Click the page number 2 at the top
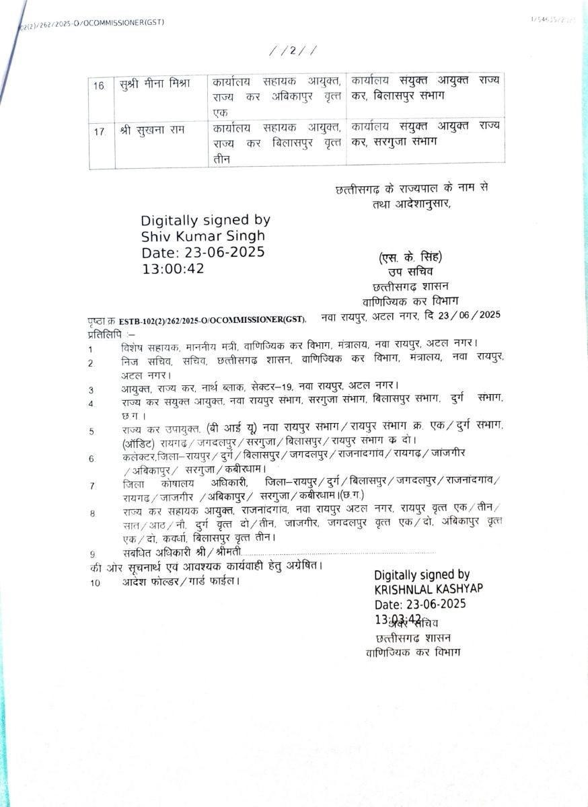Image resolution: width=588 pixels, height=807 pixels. coord(293,50)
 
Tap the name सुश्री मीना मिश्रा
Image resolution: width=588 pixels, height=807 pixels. coord(155,83)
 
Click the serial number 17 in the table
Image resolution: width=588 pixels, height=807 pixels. coord(100,132)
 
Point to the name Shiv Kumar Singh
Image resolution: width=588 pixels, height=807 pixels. coord(203,236)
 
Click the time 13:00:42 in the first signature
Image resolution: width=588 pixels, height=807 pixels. coord(173,268)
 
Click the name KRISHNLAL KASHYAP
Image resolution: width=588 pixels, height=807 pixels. coord(429,588)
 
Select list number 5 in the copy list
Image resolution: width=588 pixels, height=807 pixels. coord(91,431)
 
